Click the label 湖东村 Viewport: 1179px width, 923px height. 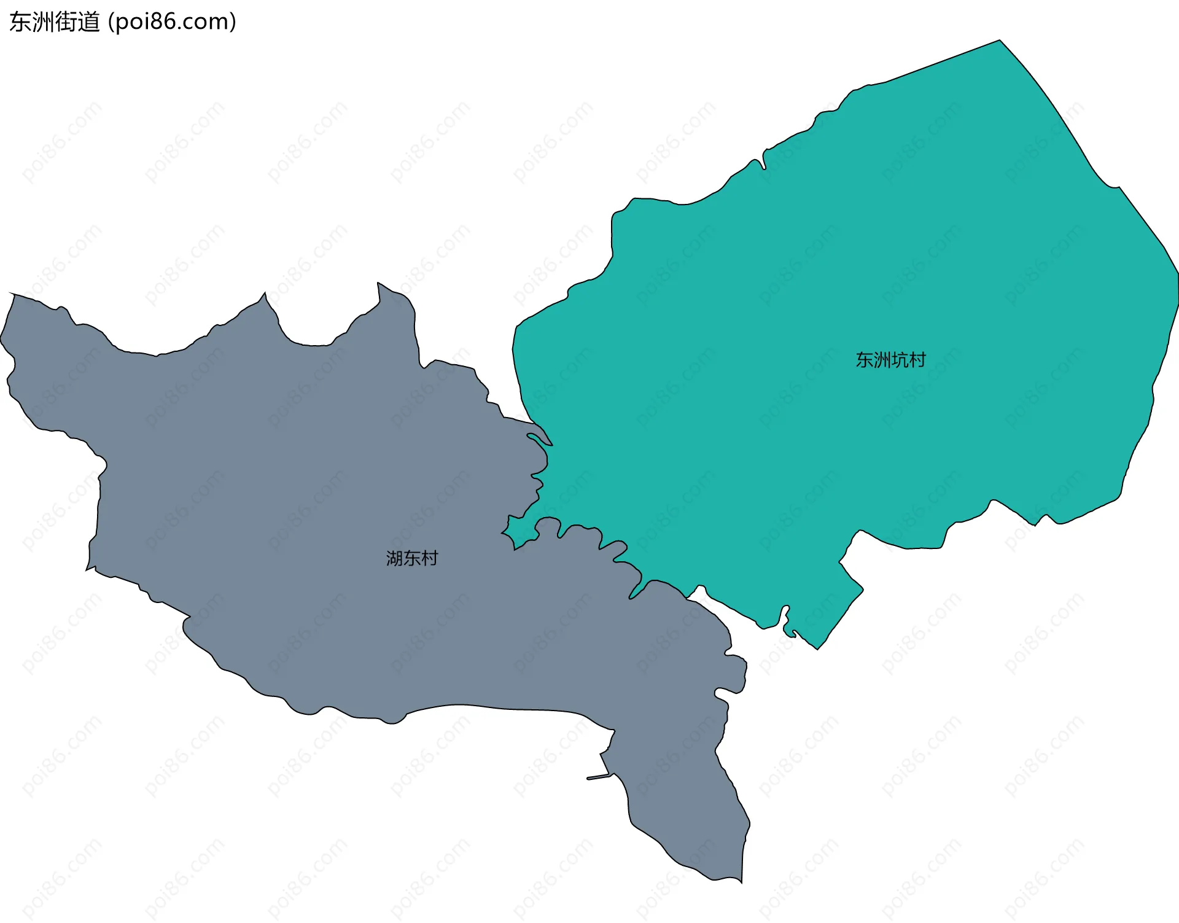[412, 558]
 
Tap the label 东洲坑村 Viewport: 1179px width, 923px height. [890, 360]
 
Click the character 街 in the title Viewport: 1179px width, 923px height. [66, 22]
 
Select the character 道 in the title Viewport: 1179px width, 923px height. [88, 22]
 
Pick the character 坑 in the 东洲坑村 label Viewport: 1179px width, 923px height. [900, 360]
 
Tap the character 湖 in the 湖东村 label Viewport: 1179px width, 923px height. [394, 558]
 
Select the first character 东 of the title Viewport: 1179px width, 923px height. [20, 22]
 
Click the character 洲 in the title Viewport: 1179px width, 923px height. [43, 22]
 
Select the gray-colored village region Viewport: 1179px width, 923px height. [307, 522]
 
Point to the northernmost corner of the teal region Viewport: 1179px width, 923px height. [999, 41]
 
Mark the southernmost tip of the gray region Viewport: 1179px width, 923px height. [741, 882]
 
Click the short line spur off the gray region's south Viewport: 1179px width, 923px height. [599, 777]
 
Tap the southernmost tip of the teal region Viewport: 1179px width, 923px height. [817, 648]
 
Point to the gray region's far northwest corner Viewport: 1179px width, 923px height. [12, 295]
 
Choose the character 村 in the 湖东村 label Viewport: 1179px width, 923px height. [430, 558]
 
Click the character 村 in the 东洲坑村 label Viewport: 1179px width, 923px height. [917, 360]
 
